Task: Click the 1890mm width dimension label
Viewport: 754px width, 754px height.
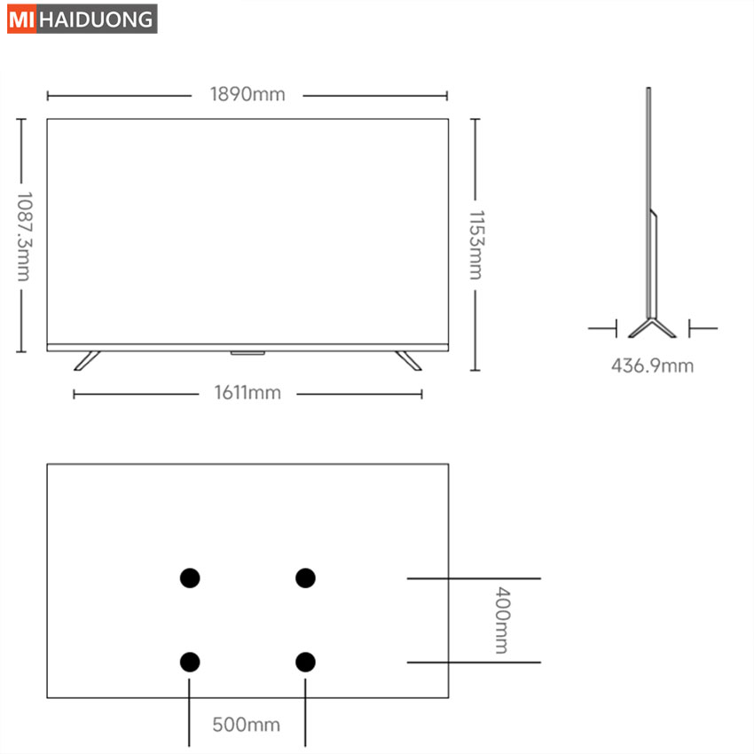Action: [247, 94]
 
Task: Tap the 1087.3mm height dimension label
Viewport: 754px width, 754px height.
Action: [24, 237]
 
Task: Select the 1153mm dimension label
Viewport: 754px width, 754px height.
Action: [476, 245]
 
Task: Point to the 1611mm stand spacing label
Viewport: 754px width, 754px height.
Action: [247, 393]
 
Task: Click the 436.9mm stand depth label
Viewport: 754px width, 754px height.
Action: [653, 366]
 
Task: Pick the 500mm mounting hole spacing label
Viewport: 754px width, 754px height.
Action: [247, 725]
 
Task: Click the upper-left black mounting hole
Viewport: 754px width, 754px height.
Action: [190, 578]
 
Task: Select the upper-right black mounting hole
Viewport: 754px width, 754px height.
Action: [305, 578]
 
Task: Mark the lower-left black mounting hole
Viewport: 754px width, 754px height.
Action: [190, 662]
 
